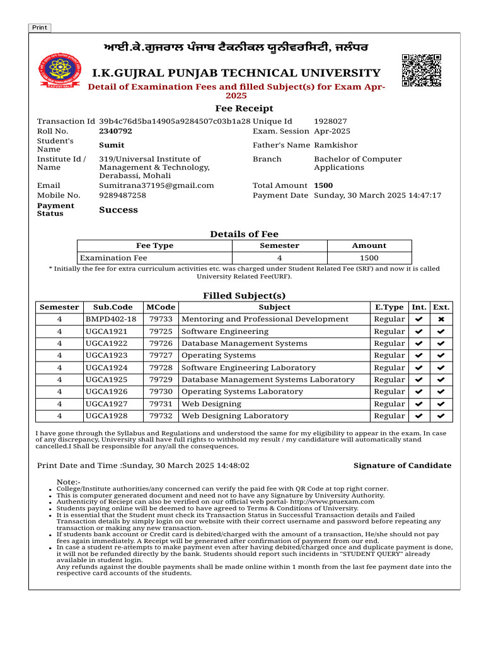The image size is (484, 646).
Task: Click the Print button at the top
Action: coord(39,28)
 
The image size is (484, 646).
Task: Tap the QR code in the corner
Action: coord(421,70)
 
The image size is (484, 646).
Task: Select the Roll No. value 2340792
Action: coord(115,131)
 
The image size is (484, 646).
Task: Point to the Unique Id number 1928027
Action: coord(330,121)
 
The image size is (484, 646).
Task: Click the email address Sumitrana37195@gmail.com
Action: coord(156,185)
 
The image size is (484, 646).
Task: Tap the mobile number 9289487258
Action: coord(122,196)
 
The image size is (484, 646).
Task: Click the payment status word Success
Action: coord(118,210)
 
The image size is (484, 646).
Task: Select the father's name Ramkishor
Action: coord(335,145)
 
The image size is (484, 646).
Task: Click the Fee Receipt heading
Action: coord(244,109)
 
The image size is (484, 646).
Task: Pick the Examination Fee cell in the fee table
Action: coord(113,258)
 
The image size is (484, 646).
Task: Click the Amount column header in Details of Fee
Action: coord(369,245)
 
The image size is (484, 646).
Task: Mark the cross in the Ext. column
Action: coord(441,319)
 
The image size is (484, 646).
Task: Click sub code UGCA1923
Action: coord(106,355)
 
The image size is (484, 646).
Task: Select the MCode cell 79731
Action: coord(161,404)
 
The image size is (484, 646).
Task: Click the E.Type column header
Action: coord(389,307)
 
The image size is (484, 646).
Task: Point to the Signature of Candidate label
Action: coord(402,466)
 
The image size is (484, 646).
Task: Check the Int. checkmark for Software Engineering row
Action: coord(418,331)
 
